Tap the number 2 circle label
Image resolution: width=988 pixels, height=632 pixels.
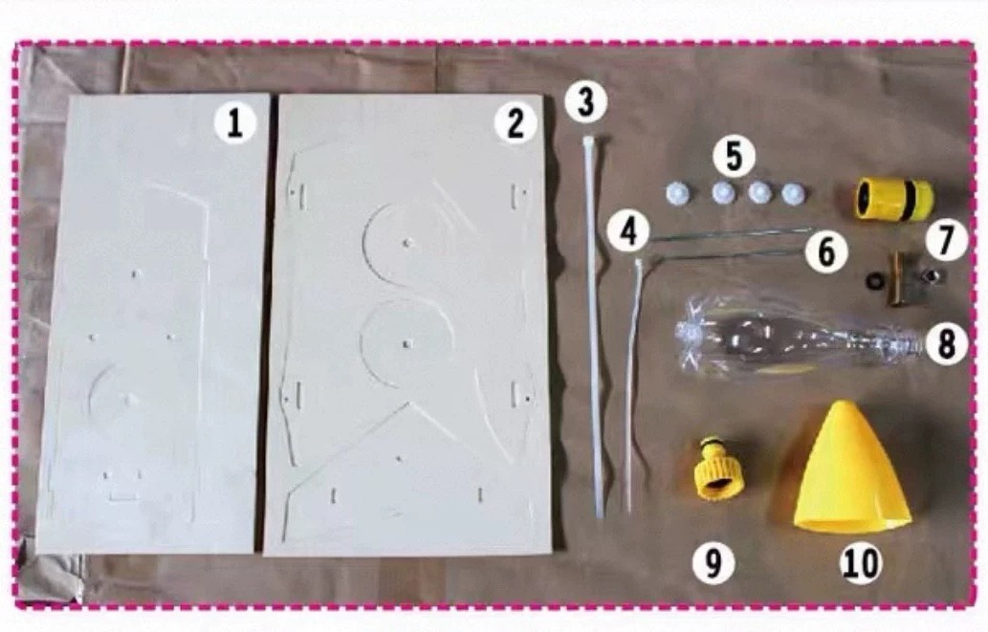click(x=516, y=122)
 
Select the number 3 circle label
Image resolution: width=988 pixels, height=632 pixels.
click(x=586, y=102)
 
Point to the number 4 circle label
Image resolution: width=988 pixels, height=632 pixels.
click(x=628, y=231)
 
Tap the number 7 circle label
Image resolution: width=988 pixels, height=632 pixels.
click(x=946, y=240)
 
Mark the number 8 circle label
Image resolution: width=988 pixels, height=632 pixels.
click(x=946, y=344)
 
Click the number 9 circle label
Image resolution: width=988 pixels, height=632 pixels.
click(x=713, y=561)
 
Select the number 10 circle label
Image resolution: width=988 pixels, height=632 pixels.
click(x=861, y=561)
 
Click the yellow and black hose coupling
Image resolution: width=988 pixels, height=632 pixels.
click(x=893, y=199)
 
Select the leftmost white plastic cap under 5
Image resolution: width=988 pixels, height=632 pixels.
click(x=677, y=193)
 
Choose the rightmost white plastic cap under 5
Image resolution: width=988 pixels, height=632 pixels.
click(x=793, y=193)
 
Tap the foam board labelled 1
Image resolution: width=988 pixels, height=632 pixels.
click(x=154, y=324)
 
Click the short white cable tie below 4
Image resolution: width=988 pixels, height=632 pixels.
click(x=632, y=384)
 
